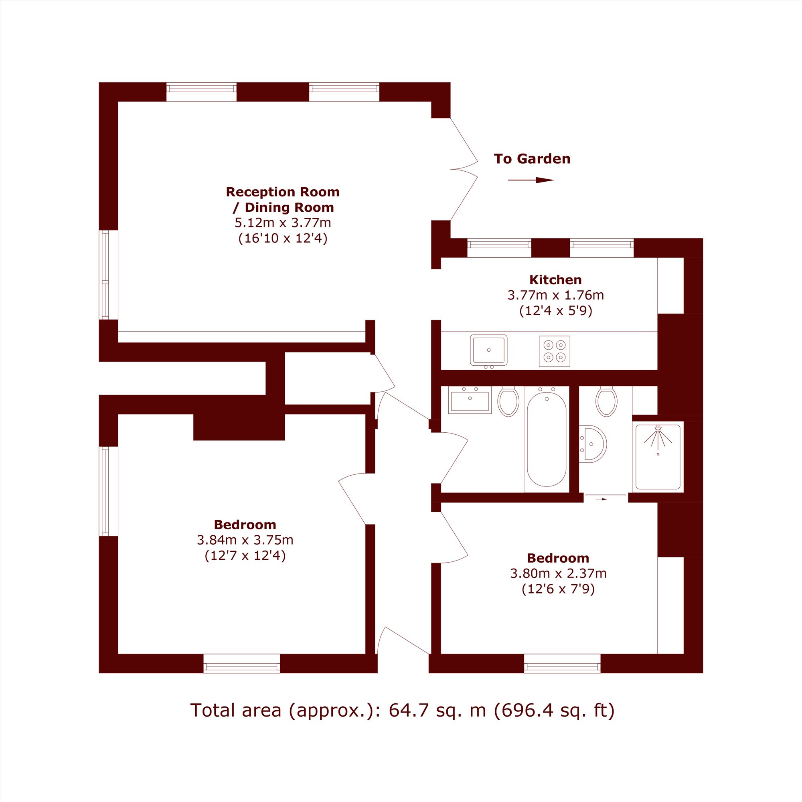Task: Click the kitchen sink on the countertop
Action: [x=488, y=350]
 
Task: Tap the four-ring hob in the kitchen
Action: [x=555, y=351]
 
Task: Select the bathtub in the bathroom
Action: [x=546, y=439]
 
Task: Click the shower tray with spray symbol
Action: [x=658, y=457]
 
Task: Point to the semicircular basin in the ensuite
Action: [x=593, y=444]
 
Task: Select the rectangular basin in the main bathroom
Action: [x=470, y=400]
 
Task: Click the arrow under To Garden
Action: [x=531, y=180]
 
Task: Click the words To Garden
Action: [x=532, y=158]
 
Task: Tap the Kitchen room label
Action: [x=555, y=280]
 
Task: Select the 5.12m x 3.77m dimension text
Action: [x=283, y=223]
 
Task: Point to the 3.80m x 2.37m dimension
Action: [x=558, y=574]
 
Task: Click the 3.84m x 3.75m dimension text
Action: [x=245, y=540]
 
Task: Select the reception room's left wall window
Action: [x=105, y=275]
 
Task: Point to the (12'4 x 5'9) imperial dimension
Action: [x=555, y=311]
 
